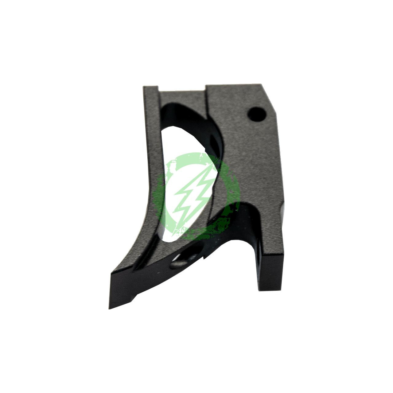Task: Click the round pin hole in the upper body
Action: (257, 114)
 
